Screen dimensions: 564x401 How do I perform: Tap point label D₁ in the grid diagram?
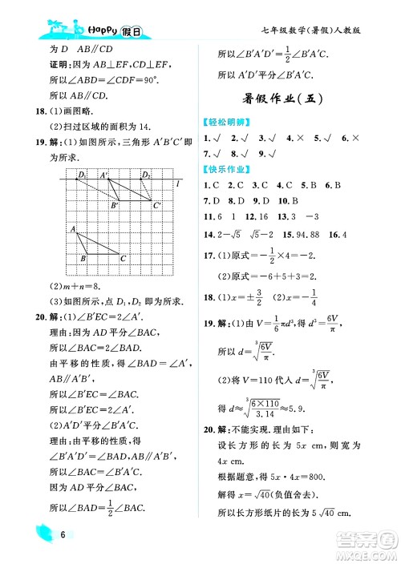click(82, 175)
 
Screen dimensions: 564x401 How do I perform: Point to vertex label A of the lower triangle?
click(73, 231)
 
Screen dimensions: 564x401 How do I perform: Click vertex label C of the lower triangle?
click(123, 258)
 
